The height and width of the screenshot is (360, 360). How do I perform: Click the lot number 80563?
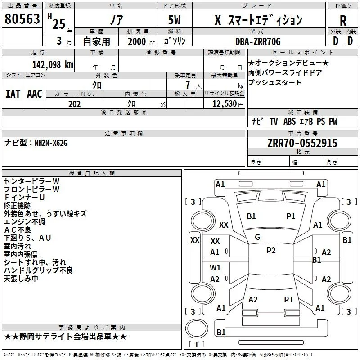coord(22,19)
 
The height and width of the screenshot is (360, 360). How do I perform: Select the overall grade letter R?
coord(343,21)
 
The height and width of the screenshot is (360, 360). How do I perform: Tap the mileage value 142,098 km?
coord(53,65)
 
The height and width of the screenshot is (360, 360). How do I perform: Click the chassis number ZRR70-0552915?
coord(302,143)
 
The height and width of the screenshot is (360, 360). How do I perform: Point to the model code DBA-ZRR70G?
coord(258,41)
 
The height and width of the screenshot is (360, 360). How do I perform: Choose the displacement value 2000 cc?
coord(141,41)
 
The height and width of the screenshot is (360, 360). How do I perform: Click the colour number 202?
coord(74,104)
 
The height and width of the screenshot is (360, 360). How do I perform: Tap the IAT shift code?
coord(13,94)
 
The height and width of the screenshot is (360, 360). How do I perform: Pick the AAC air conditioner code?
coord(35,94)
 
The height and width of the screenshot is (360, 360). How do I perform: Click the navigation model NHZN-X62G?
coord(51,143)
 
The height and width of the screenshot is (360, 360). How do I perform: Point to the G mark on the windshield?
coord(257,237)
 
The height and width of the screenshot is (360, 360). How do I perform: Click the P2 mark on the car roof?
coord(271,250)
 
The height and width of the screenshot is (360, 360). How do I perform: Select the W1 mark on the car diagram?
coord(215,267)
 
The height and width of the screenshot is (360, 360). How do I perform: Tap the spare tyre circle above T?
coord(197,329)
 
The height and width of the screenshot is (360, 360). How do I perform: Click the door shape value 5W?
coord(174,20)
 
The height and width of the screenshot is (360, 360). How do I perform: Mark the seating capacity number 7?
coord(188,85)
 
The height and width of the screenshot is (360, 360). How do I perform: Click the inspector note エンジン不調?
coord(24,222)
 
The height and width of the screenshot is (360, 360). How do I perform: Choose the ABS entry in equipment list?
coord(289,121)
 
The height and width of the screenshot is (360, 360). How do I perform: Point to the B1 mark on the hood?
coord(251,216)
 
